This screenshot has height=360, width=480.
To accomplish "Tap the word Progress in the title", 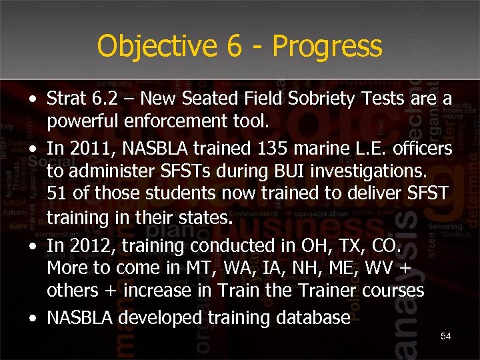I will point(327,47).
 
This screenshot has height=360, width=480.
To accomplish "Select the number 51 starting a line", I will point(57,194).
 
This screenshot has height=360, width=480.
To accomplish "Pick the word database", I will point(311,317).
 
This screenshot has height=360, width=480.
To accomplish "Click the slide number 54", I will point(446,337).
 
